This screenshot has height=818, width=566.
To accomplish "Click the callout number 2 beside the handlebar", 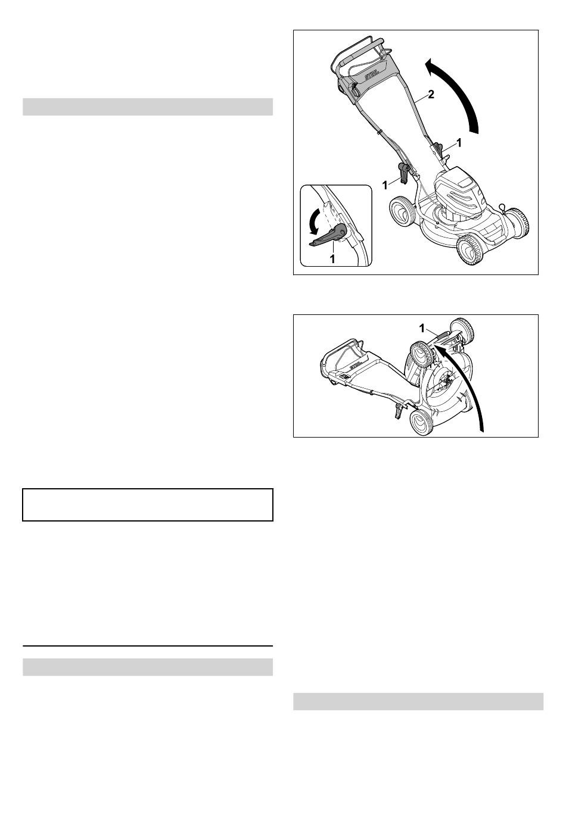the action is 431,95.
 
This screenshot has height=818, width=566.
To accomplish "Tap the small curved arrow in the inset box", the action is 314,220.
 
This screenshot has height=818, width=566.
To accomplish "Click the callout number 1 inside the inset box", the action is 332,260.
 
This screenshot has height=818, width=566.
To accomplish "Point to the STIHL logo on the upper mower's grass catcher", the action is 372,76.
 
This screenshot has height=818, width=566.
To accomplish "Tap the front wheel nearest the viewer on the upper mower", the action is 469,249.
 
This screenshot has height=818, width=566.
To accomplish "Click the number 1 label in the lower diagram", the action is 422,329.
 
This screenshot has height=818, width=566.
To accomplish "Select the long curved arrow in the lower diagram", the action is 467,384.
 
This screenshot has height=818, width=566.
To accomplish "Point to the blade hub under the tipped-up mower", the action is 446,382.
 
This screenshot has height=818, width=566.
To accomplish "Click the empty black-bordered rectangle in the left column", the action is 148,504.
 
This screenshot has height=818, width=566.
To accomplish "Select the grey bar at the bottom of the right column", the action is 418,701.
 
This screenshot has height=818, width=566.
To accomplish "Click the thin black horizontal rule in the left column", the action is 148,645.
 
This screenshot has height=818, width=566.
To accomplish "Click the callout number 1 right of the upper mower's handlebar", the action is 459,143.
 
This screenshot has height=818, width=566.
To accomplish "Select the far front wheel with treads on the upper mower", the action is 518,223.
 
